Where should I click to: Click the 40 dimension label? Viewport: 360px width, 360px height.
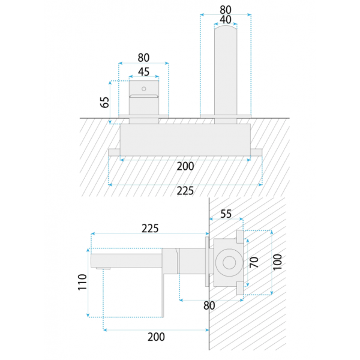226,20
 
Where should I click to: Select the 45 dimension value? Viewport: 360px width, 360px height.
144,72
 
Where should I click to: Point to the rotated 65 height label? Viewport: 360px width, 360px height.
104,102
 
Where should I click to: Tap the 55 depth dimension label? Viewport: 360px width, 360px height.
226,214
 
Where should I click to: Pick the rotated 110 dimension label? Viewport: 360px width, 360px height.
82,282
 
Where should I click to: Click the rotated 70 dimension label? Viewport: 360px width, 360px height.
254,262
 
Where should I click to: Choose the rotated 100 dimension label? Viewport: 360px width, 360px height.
278,262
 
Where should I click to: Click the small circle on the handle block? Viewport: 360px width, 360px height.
144,89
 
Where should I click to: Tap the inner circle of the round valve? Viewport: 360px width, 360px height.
229,263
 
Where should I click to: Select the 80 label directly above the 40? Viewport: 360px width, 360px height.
226,10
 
